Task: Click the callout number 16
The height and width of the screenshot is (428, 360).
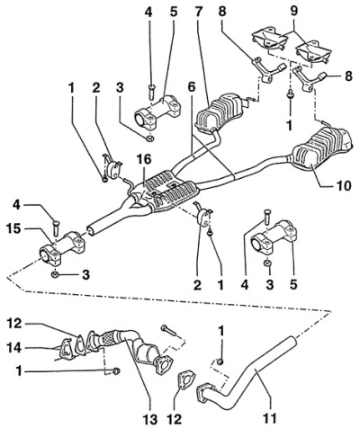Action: [x=145, y=160]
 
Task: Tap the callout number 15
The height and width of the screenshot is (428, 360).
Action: [x=13, y=229]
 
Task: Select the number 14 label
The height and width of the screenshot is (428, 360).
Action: [x=14, y=348]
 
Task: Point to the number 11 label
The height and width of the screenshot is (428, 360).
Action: [x=269, y=417]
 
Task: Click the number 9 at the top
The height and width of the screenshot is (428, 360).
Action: [x=293, y=12]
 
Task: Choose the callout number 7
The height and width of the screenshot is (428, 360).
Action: [x=199, y=12]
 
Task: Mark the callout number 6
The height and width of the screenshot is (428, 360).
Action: [x=191, y=87]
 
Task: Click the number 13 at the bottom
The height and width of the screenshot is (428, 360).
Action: [x=149, y=418]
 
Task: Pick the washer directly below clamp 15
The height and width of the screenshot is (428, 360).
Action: [x=55, y=274]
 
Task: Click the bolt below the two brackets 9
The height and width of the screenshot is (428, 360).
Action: [x=290, y=95]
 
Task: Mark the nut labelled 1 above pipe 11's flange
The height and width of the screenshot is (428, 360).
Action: [x=220, y=361]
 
